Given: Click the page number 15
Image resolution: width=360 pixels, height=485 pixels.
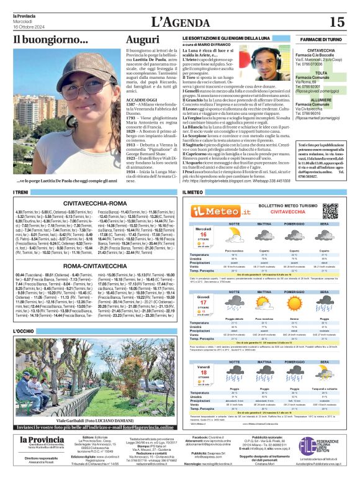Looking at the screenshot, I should (x=336, y=22).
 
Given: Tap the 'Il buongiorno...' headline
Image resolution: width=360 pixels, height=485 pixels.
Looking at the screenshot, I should (x=51, y=40).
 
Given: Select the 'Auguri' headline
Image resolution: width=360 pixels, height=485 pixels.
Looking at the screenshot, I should (x=143, y=40).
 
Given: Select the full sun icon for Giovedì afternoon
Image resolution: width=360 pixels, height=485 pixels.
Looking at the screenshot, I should (x=299, y=302).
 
